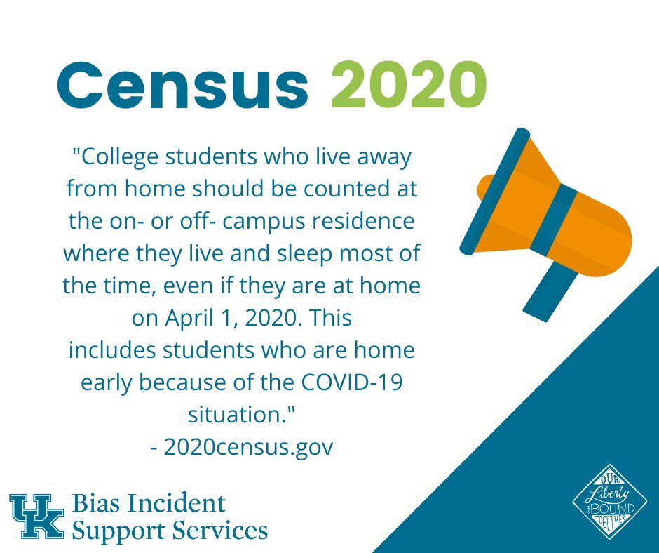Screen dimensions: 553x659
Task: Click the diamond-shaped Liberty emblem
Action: [x=604, y=506]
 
